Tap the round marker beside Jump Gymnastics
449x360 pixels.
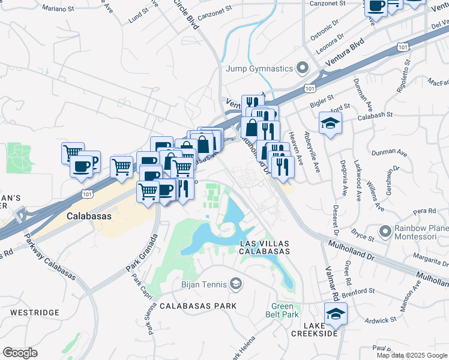click(301, 68)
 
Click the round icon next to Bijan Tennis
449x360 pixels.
click(236, 283)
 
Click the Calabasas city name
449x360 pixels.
click(91, 215)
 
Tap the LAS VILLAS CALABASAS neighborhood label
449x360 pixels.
click(265, 247)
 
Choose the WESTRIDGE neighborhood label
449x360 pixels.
click(34, 313)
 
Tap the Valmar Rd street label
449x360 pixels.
click(330, 284)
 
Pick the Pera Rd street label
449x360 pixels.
click(424, 211)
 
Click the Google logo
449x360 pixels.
click(20, 353)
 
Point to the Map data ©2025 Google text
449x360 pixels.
click(411, 355)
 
